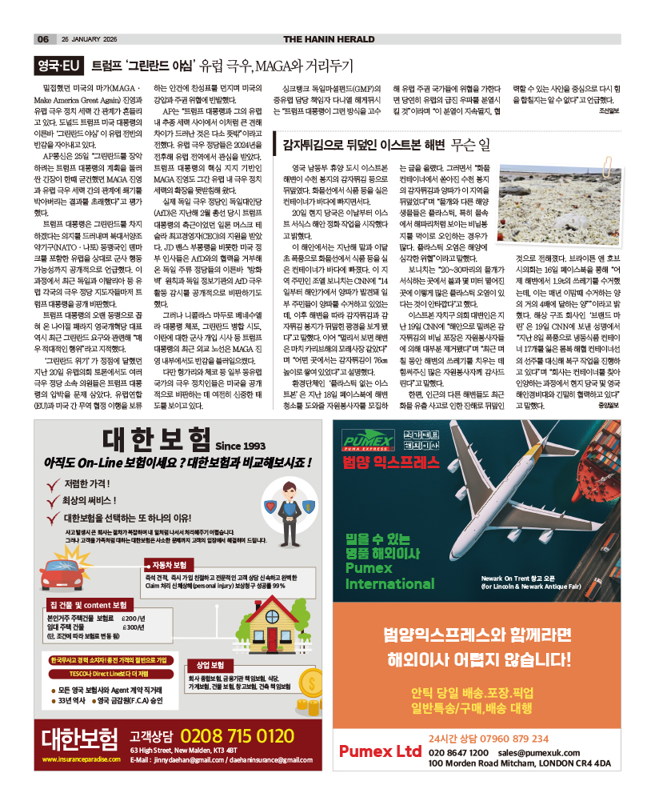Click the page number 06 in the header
[43, 39]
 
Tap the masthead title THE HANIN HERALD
[329, 39]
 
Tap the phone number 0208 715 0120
[237, 735]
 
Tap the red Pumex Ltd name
[380, 751]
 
